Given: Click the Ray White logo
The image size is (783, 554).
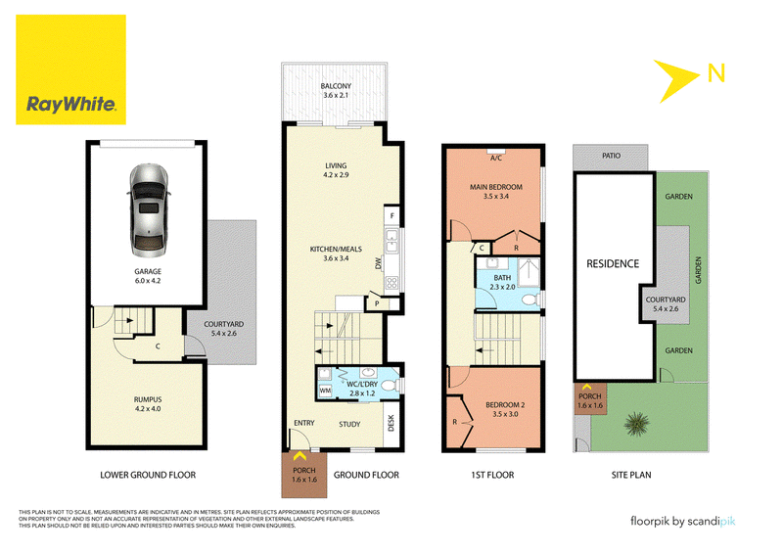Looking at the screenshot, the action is [70, 69].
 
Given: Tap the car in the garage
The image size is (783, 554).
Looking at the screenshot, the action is [149, 210].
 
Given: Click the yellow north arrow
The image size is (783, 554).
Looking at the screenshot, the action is [675, 80].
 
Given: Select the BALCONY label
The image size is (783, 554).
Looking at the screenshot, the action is [336, 86].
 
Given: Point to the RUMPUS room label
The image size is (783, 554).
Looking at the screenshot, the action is [148, 399].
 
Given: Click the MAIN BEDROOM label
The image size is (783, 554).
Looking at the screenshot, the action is [496, 187].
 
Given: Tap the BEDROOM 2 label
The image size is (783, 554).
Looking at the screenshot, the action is [505, 404].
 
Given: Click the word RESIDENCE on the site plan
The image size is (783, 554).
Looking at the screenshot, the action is [613, 263].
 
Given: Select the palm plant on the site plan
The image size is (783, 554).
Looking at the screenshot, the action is [637, 424].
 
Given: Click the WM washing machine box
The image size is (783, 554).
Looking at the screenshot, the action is [325, 391].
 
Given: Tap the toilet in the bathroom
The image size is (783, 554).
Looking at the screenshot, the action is [530, 300].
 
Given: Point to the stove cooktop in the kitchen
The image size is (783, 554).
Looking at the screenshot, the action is [391, 283].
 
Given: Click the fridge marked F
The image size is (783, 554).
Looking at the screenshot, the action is [392, 215].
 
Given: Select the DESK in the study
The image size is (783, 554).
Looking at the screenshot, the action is [391, 423].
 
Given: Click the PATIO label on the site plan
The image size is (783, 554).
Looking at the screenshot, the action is [611, 156].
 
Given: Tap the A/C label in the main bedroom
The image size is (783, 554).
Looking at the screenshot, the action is [496, 158].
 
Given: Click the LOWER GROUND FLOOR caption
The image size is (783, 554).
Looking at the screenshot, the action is [148, 475].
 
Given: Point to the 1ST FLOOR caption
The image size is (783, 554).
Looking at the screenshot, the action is [492, 475].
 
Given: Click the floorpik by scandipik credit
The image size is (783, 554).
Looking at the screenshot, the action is [682, 522].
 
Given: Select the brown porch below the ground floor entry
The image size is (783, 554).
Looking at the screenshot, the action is [304, 475].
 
